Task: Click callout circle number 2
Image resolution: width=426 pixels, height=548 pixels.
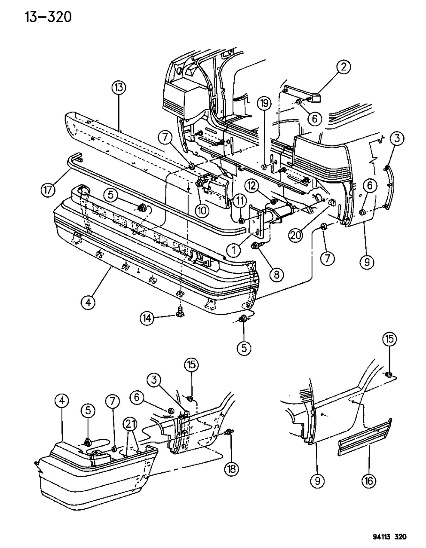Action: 343,67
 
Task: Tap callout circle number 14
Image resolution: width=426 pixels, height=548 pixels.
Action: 147,318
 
